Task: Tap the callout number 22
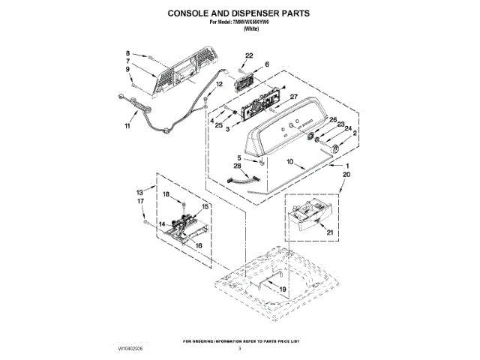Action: tap(249, 55)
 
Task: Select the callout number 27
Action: tap(294, 97)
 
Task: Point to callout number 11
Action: tap(127, 126)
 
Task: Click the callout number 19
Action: tap(283, 289)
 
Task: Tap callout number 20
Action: tap(346, 174)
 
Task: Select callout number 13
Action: tap(139, 192)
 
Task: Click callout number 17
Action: tap(139, 202)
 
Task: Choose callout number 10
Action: tap(289, 162)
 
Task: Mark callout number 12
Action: tap(220, 85)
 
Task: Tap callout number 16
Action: tap(199, 245)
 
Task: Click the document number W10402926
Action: tap(130, 349)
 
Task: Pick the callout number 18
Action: tap(167, 194)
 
